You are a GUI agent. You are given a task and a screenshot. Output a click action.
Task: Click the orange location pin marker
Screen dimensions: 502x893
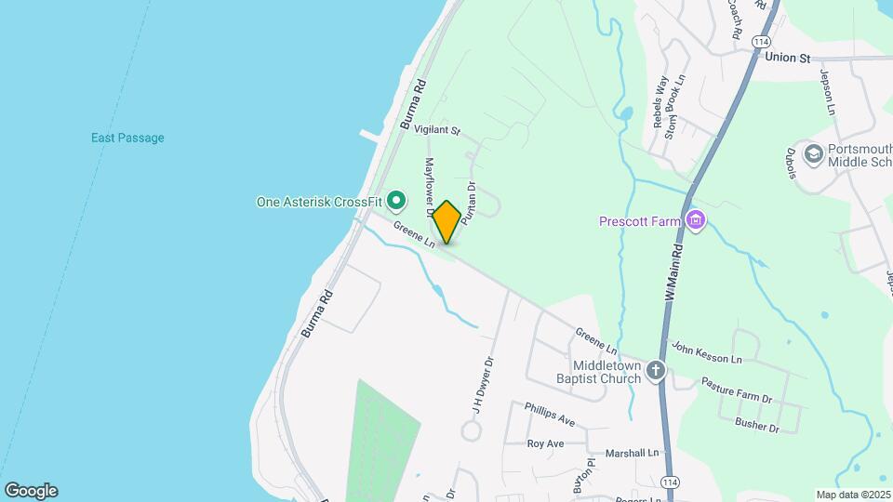446,221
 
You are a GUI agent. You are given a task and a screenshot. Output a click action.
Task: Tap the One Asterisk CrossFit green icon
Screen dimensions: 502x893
396,201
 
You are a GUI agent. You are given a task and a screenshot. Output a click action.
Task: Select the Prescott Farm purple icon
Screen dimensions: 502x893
695,221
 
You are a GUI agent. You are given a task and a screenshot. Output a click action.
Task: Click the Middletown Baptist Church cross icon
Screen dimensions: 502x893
657,371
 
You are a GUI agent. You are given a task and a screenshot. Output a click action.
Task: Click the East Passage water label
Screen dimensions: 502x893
127,139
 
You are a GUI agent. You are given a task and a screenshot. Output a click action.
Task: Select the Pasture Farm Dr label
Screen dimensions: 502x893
737,390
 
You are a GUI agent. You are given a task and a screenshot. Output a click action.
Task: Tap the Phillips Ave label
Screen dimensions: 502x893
549,415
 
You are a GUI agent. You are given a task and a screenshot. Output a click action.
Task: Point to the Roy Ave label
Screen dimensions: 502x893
545,444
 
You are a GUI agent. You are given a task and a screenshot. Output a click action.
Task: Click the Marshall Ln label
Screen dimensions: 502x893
632,453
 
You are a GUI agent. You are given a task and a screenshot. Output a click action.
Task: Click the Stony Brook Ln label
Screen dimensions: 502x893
674,106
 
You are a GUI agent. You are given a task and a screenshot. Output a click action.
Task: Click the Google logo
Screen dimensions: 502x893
31,491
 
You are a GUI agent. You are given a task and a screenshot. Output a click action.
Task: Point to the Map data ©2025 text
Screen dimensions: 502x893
853,495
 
